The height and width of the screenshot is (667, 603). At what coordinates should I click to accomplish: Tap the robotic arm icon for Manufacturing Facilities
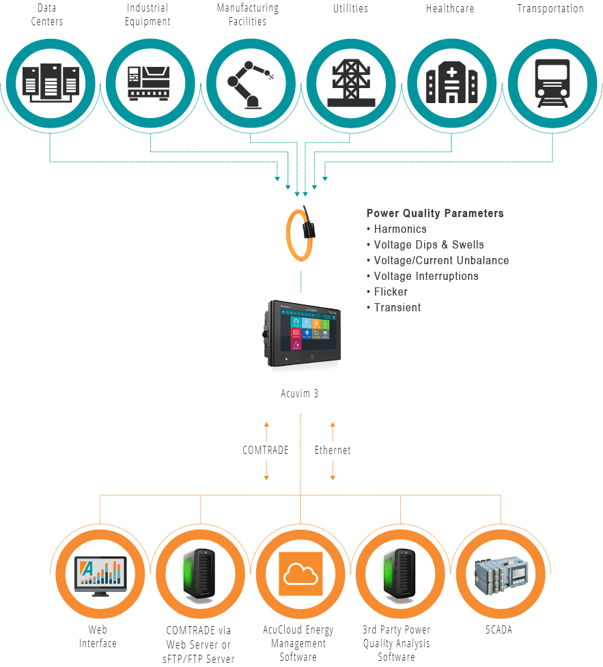250,82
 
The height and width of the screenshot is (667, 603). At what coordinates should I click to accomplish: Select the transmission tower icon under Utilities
351,82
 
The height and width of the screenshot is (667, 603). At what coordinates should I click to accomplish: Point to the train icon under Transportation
551,82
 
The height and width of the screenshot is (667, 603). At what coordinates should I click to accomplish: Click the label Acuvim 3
299,394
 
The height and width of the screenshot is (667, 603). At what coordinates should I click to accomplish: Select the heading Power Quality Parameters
434,213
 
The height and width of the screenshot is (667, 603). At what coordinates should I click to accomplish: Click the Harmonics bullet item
399,229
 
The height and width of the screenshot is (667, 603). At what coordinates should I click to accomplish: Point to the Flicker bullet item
390,292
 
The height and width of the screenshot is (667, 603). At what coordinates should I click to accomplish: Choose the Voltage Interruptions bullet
425,276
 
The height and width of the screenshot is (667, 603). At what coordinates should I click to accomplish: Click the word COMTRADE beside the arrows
265,451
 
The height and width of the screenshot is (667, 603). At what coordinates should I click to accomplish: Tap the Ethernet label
333,451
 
